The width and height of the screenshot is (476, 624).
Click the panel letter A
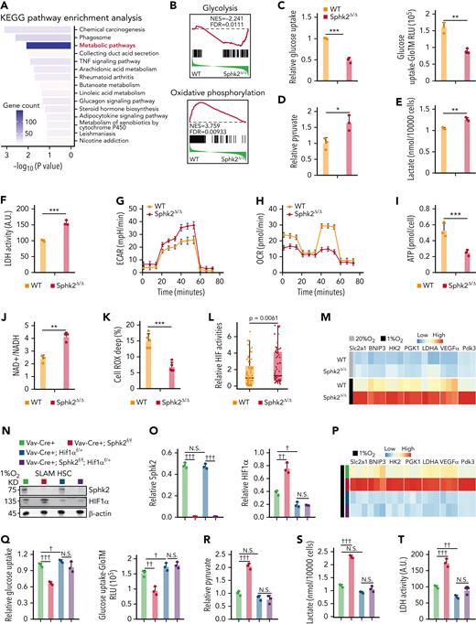point(5,6)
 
